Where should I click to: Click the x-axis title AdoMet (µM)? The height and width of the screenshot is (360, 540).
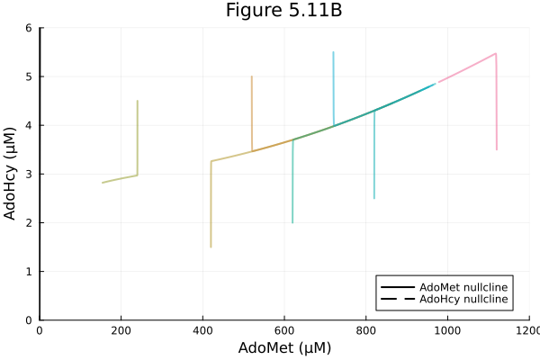284,348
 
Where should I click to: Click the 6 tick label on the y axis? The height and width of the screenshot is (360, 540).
29,28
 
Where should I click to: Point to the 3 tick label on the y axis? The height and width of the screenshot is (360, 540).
29,174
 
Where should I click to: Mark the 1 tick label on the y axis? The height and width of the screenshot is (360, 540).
29,271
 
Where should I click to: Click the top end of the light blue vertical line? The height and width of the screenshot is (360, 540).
333,52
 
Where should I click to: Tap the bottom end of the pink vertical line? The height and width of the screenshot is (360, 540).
497,149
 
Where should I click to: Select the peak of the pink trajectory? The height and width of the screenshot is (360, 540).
496,53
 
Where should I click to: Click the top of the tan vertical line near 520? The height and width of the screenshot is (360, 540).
251,76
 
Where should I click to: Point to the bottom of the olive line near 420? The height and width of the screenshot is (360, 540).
211,247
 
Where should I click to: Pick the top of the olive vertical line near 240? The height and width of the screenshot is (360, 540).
137,101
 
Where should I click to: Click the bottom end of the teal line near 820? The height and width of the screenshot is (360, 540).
374,198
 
